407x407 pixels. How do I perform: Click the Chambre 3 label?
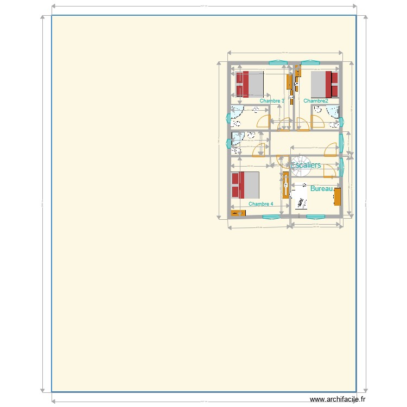tap(272, 101)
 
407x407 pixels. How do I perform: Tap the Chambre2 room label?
tap(316, 101)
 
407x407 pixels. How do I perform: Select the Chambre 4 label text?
tap(261, 204)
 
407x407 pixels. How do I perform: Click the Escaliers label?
tap(306, 165)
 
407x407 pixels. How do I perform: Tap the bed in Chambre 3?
tap(250, 84)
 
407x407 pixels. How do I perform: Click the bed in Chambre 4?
tap(245, 185)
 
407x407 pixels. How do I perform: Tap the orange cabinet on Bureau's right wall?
tap(338, 196)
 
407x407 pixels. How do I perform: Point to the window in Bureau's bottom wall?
tap(315, 217)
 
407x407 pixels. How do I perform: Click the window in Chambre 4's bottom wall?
tap(271, 217)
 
